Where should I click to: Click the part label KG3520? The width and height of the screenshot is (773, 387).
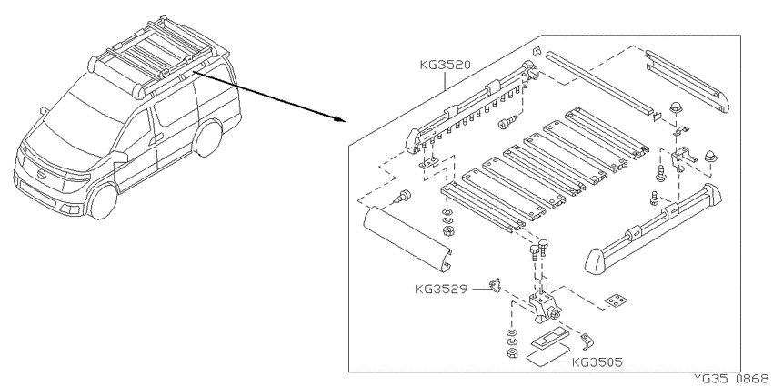(446, 65)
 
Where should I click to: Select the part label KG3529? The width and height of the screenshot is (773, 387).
(441, 289)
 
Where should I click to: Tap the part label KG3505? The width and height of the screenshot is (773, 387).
(597, 362)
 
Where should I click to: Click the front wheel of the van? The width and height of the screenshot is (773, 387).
(103, 201)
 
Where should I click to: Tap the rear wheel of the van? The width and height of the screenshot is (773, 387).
(208, 138)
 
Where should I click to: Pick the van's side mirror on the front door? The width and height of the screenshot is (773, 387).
(120, 157)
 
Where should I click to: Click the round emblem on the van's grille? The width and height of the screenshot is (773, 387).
(43, 175)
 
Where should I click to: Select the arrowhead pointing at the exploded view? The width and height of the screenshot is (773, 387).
(337, 119)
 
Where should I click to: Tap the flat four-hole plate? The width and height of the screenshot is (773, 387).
(617, 300)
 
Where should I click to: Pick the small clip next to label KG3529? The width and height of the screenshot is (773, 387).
(495, 285)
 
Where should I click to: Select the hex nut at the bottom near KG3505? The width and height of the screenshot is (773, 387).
(512, 352)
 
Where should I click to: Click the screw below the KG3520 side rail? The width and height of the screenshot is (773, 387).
(507, 122)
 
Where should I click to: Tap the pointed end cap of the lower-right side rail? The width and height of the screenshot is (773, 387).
(596, 260)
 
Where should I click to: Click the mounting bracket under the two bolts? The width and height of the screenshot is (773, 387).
(545, 306)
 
